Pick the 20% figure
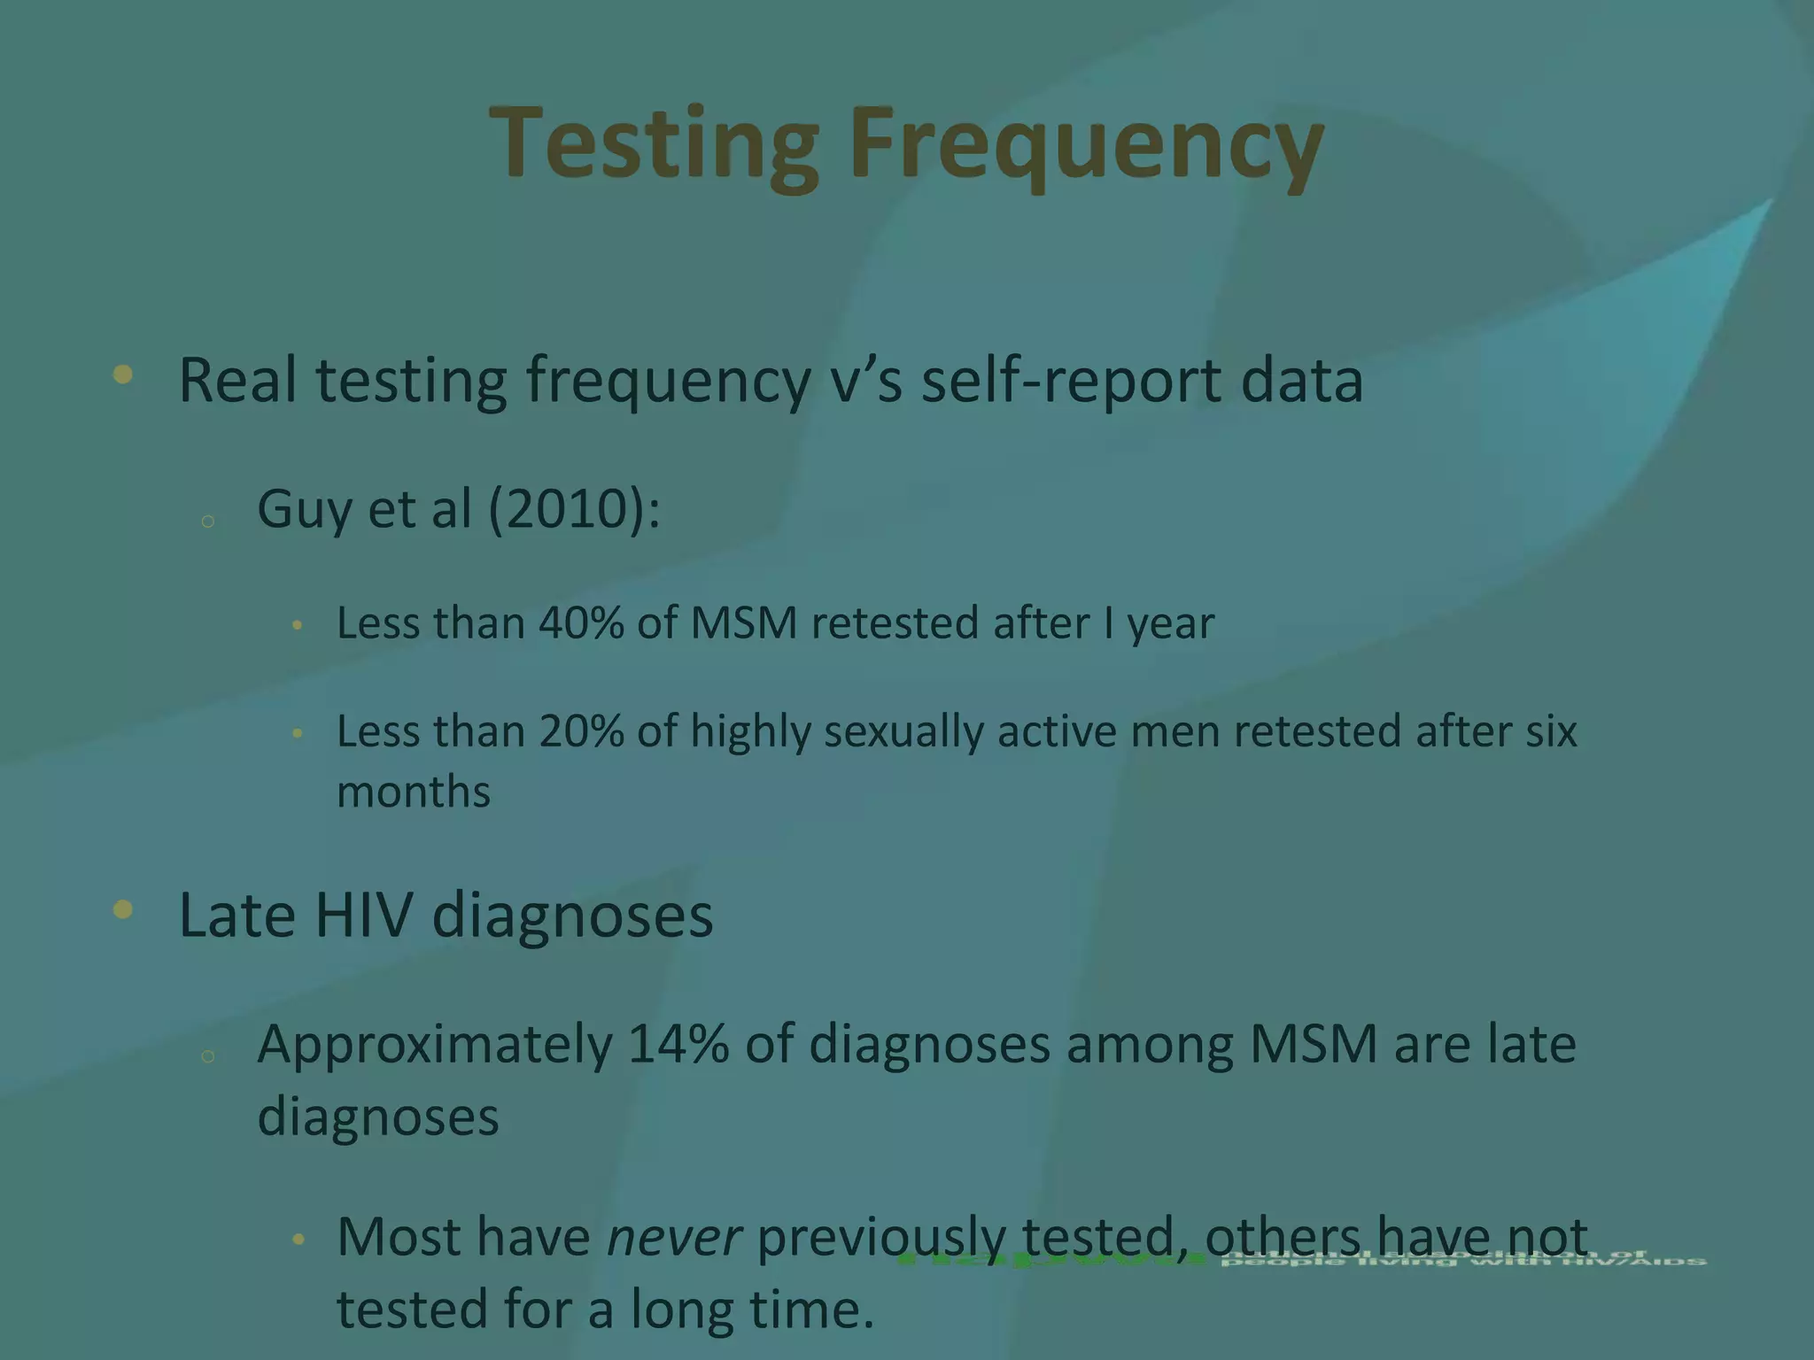pos(581,731)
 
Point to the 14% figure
pos(678,1044)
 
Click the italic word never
pos(673,1237)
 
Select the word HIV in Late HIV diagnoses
pos(364,915)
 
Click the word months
pos(414,792)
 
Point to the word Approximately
pos(435,1046)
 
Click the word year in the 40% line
pos(1170,624)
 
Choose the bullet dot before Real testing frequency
pos(123,375)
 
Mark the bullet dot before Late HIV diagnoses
pos(123,909)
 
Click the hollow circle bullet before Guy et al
pos(208,521)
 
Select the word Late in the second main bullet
pos(237,915)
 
